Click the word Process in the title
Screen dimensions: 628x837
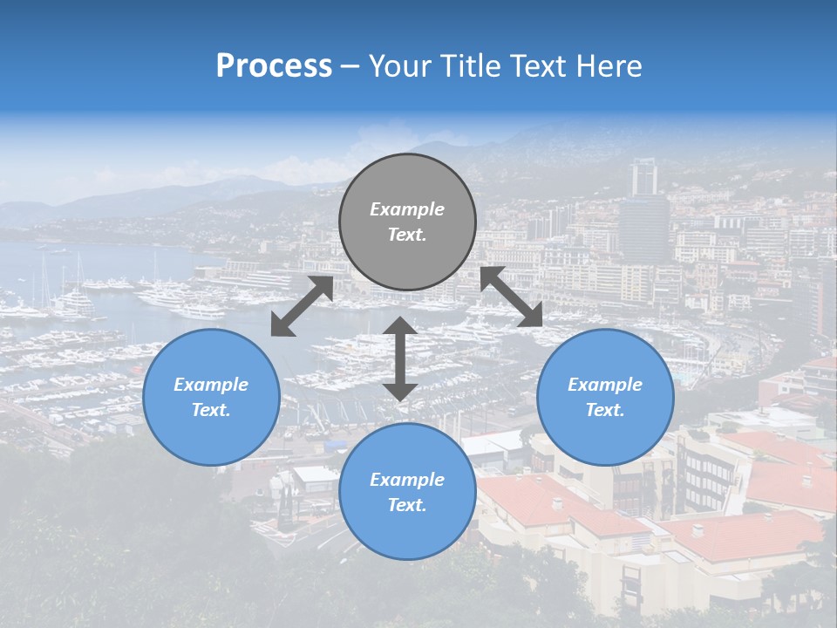274,66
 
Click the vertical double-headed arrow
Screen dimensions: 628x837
400,358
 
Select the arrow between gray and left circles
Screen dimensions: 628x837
302,306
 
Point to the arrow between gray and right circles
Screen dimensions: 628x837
512,297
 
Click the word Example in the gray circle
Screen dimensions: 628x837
407,209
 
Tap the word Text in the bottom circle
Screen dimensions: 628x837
407,505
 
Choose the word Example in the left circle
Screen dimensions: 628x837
211,385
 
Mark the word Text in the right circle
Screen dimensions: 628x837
605,410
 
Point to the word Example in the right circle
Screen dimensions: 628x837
605,385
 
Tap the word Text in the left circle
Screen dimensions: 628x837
211,410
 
